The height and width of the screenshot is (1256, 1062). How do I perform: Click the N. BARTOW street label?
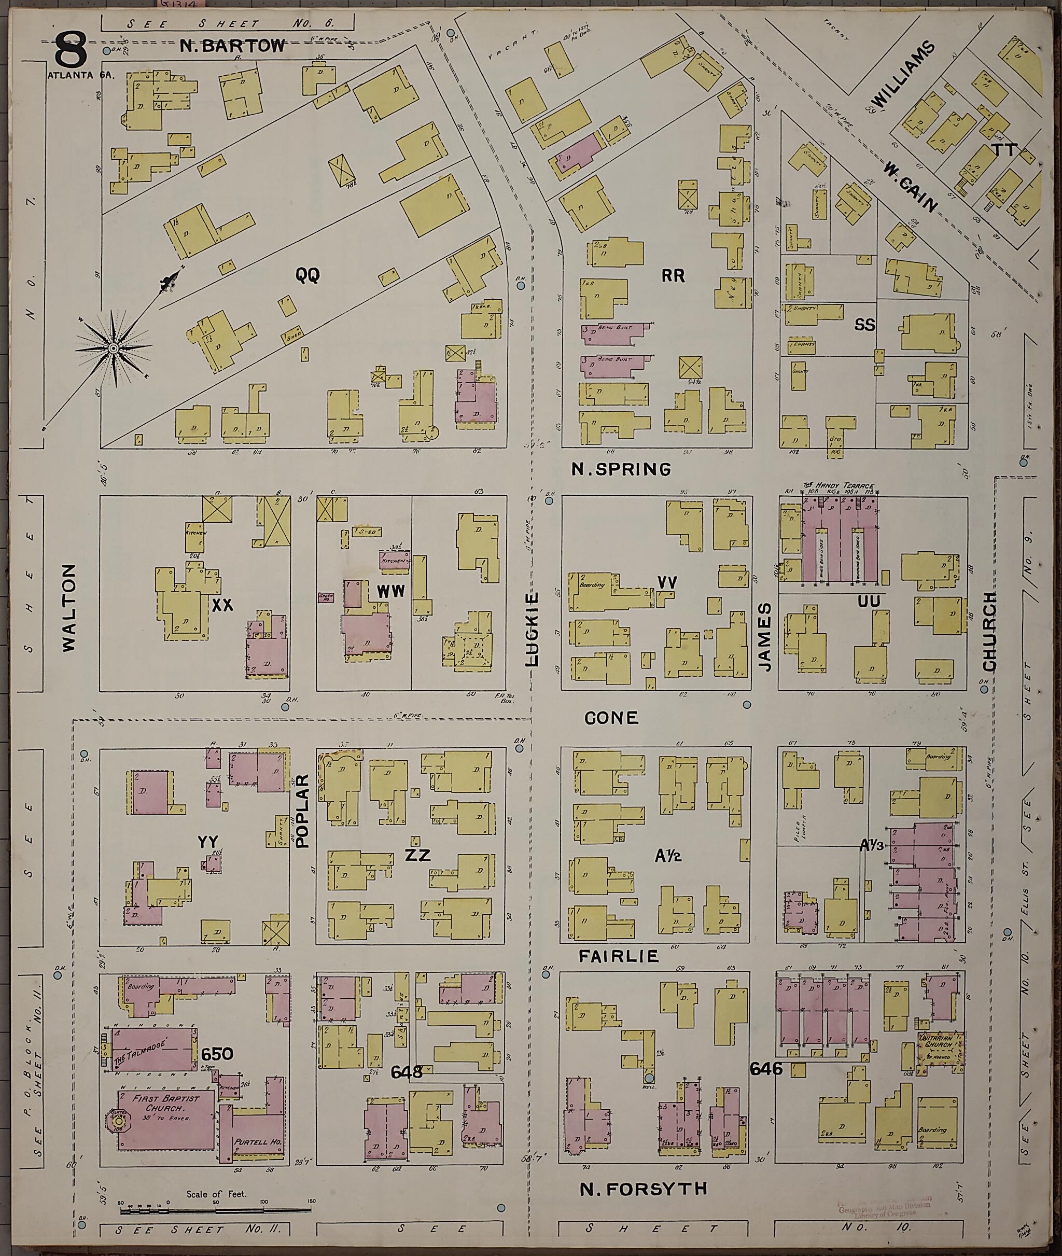click(x=232, y=46)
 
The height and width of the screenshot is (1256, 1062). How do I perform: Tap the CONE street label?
click(x=611, y=718)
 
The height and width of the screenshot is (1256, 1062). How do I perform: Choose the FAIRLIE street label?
click(x=619, y=956)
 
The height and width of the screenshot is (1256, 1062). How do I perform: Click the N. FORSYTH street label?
click(x=643, y=1189)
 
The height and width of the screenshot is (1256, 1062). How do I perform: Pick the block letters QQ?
click(x=307, y=275)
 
